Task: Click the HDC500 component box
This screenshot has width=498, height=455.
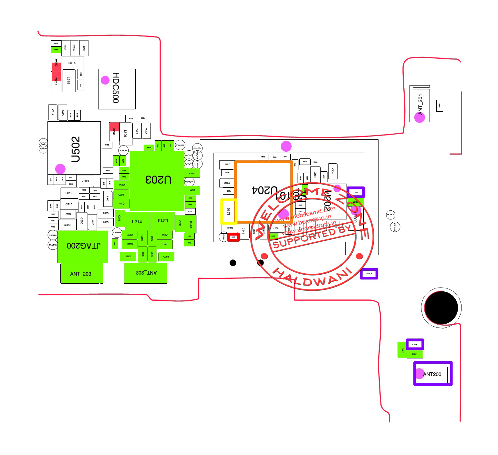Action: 117,89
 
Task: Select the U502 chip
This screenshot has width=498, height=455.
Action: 74,148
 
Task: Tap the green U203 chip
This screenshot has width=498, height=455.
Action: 157,180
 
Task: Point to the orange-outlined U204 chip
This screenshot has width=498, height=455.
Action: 264,191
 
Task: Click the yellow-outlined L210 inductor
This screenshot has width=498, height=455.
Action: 229,211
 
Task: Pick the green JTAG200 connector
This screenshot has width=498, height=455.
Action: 83,246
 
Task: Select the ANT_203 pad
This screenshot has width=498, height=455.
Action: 81,274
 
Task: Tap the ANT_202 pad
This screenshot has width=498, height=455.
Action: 145,273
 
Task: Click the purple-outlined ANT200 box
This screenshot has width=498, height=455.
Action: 433,374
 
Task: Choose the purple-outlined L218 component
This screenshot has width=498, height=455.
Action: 415,344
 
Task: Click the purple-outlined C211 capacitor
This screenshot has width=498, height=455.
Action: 356,192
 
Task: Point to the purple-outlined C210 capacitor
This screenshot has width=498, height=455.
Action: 369,274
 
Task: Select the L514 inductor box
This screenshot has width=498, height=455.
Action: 72,63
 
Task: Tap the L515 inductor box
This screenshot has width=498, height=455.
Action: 69,81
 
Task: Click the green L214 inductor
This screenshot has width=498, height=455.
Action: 137,222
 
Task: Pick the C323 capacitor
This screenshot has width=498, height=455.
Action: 67,225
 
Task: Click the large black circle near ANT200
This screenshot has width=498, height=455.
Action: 441,308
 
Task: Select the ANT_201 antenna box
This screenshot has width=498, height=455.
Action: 420,104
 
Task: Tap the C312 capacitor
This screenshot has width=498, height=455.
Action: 69,193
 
